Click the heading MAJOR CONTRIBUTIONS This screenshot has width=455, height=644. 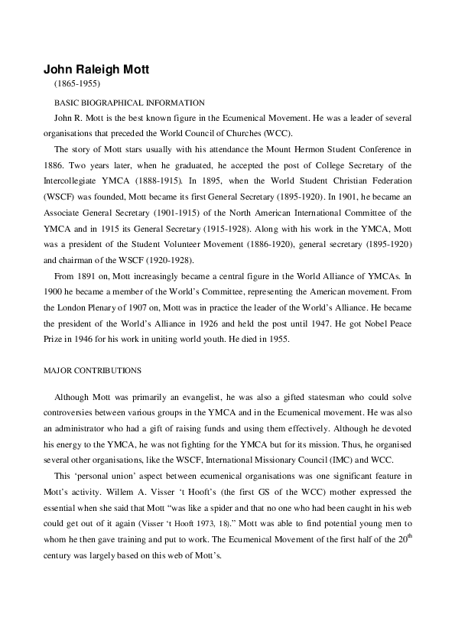click(x=92, y=370)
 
